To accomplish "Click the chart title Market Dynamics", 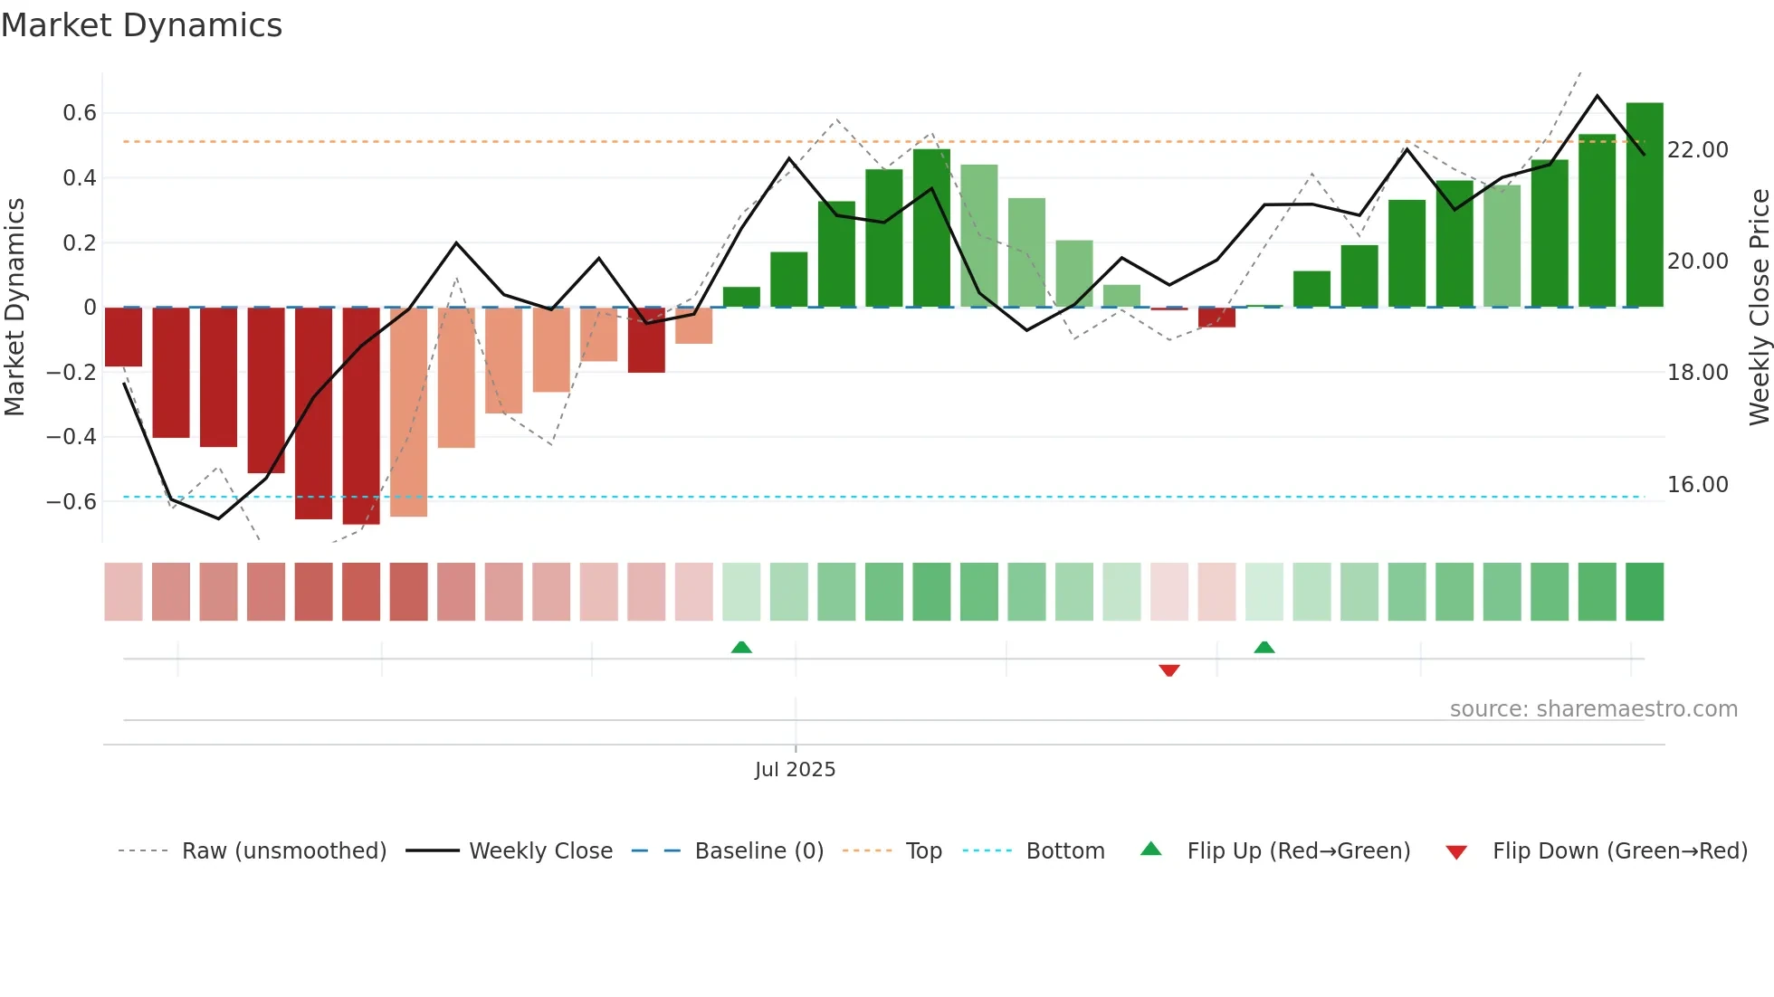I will pos(142,25).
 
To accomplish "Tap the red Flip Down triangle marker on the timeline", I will pos(1168,670).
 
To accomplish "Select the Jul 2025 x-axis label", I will pos(795,770).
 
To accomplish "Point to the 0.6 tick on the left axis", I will pos(80,113).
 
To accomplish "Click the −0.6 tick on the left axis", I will pos(72,501).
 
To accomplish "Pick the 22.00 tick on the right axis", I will pos(1697,150).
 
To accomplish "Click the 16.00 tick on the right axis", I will pos(1697,485).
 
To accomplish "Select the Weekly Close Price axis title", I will pos(1759,308).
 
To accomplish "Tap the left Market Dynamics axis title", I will pos(14,308).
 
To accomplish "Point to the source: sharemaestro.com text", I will pos(1593,709).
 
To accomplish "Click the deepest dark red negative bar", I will pos(361,416).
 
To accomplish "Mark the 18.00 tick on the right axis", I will pos(1697,373).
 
